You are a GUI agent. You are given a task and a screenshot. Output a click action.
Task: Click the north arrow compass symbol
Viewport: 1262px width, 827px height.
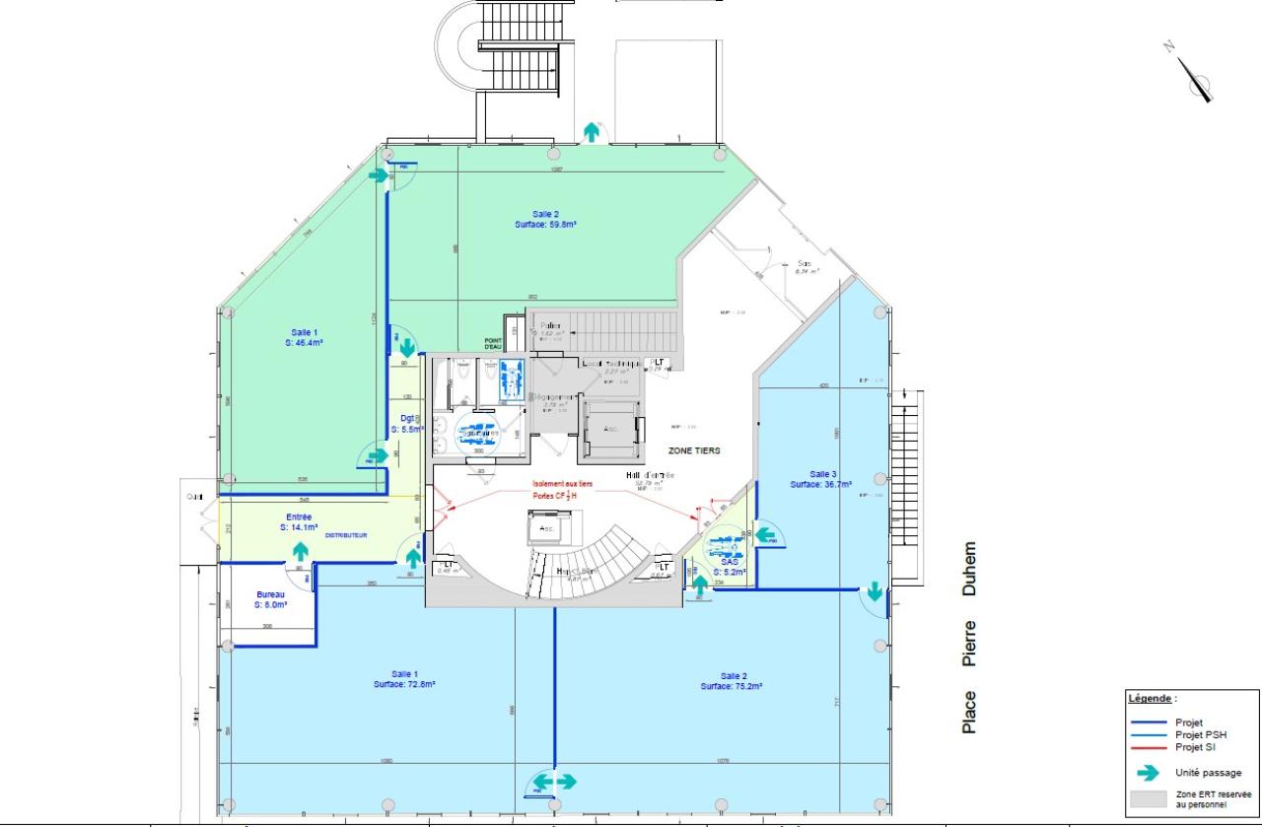[x=1195, y=75]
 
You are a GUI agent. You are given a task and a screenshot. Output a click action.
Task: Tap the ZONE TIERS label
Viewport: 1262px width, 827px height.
[x=694, y=450]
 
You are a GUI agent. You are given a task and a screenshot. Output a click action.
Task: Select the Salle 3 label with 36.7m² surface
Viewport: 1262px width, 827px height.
[x=821, y=479]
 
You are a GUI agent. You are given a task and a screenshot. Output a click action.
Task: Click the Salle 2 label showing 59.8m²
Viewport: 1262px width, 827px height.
[x=544, y=219]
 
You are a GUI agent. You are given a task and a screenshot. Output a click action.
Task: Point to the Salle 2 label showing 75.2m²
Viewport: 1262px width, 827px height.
[x=731, y=680]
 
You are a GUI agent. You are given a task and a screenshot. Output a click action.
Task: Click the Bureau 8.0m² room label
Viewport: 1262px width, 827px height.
[x=271, y=600]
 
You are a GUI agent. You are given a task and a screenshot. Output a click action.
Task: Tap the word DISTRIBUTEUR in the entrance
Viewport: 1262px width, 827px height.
[x=345, y=535]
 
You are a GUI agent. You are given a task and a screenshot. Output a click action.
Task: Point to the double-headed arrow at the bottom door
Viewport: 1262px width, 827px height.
[x=554, y=781]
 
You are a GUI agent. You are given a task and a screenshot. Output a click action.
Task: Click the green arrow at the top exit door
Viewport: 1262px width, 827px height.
[x=592, y=131]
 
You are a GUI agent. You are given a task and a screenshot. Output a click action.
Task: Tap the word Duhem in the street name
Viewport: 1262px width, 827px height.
[x=970, y=570]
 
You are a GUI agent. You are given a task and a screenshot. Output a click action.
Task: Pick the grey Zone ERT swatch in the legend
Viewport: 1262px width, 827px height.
[x=1148, y=799]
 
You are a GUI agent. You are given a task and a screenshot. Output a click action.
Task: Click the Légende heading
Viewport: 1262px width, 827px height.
[x=1151, y=698]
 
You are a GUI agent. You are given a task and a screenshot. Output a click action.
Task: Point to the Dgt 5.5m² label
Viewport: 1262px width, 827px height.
[x=406, y=424]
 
